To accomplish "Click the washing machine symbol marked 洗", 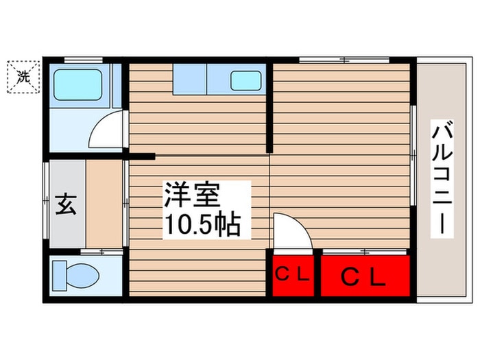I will pos(24,77).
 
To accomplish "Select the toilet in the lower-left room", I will pos(77,276).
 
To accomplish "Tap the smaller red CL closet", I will pos(292,276).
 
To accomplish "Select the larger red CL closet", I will pos(365,276).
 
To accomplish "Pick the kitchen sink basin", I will pos(246,80).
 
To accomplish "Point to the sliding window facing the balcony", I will pos(413,154).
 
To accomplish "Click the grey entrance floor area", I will pos(66,204).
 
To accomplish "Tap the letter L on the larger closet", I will pos(378,277).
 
